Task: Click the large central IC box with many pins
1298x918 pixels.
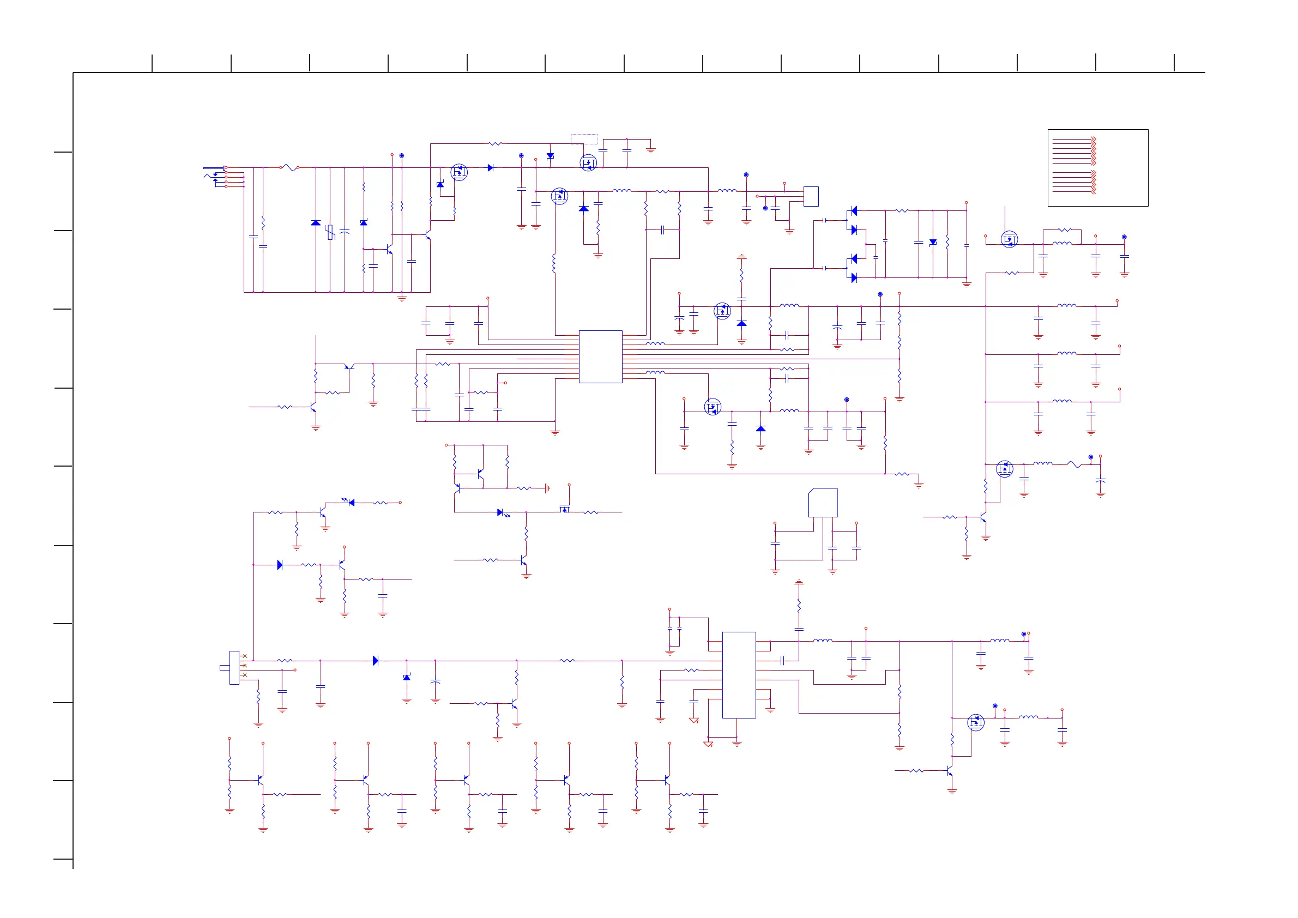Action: point(600,357)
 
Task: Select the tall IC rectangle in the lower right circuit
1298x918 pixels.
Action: point(739,675)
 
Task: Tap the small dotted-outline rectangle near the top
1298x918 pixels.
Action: point(584,139)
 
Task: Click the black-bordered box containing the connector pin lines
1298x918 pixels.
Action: point(1097,167)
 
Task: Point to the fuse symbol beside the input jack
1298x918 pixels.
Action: point(289,167)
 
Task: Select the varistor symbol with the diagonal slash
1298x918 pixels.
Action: point(330,232)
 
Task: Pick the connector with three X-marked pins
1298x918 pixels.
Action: point(234,667)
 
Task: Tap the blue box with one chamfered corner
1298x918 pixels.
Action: point(823,503)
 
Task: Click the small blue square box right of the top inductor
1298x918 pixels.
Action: point(811,196)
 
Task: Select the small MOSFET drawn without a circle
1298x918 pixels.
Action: point(564,509)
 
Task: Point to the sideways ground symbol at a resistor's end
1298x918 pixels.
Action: point(547,488)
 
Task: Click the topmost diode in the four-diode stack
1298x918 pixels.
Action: point(854,211)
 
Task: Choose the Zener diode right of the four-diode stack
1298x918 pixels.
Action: point(933,243)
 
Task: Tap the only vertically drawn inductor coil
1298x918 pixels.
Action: point(554,263)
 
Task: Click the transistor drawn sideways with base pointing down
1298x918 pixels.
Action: point(349,367)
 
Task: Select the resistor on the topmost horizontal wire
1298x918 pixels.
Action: point(494,143)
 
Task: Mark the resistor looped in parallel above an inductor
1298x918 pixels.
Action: point(1065,230)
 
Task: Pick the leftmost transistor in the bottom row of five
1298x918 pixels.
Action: point(260,780)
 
